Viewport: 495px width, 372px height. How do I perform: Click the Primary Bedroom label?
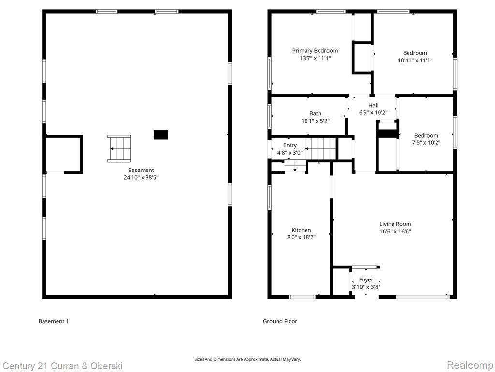(315, 50)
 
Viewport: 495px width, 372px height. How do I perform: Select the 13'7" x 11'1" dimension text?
(315, 58)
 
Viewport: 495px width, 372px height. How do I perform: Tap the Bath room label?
(315, 113)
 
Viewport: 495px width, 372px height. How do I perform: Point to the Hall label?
(373, 105)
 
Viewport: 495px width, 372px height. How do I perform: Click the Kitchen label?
(301, 230)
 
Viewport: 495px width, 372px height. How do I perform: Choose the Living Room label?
(395, 224)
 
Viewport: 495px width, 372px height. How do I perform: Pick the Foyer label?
(366, 279)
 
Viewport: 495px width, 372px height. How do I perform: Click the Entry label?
(290, 145)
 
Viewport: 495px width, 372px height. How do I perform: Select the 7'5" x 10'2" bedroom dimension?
(426, 143)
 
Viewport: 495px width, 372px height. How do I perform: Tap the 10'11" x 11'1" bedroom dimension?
(415, 60)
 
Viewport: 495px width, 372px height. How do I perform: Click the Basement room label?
(141, 170)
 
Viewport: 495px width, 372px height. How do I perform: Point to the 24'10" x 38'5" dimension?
(141, 177)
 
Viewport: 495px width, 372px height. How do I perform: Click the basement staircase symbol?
(119, 148)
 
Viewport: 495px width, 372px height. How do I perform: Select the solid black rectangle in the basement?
(160, 135)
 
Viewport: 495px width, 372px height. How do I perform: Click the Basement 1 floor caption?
(54, 321)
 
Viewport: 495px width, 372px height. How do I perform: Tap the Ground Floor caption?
(280, 321)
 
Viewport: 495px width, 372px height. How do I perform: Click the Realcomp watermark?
(469, 365)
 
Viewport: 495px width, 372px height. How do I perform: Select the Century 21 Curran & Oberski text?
(62, 366)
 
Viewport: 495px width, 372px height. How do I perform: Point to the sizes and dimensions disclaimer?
(247, 359)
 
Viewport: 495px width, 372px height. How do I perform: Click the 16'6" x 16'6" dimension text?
(395, 231)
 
